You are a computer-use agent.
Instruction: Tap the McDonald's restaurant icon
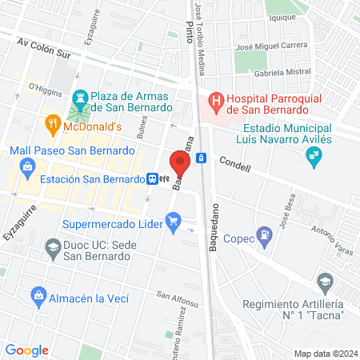(52, 124)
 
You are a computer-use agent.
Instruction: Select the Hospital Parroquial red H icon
(214, 102)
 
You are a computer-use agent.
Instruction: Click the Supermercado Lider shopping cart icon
(173, 220)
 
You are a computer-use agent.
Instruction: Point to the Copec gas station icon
(264, 237)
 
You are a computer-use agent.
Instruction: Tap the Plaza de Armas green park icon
(79, 99)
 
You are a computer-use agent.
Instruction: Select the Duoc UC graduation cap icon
(53, 248)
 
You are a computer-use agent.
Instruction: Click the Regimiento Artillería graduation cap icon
(324, 282)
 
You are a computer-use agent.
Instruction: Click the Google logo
(27, 350)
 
